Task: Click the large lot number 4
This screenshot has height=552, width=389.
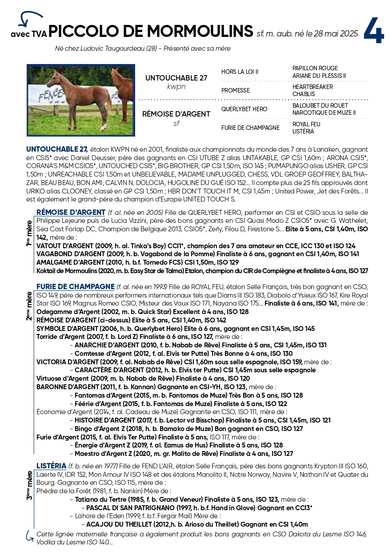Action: [x=374, y=31]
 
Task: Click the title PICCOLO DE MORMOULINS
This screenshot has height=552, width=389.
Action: [x=151, y=32]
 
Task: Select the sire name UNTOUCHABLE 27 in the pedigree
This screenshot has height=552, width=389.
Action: [x=176, y=78]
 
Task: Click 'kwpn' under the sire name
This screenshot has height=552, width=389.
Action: [x=176, y=86]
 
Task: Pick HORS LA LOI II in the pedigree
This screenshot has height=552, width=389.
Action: [x=240, y=72]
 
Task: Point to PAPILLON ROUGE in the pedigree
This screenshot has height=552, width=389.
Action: [x=315, y=68]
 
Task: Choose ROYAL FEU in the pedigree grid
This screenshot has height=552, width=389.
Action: [x=306, y=125]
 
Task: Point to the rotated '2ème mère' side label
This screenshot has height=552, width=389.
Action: [x=29, y=306]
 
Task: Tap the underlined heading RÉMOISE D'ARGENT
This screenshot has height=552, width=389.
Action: [x=71, y=212]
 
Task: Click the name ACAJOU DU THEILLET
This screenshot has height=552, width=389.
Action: [x=122, y=524]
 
